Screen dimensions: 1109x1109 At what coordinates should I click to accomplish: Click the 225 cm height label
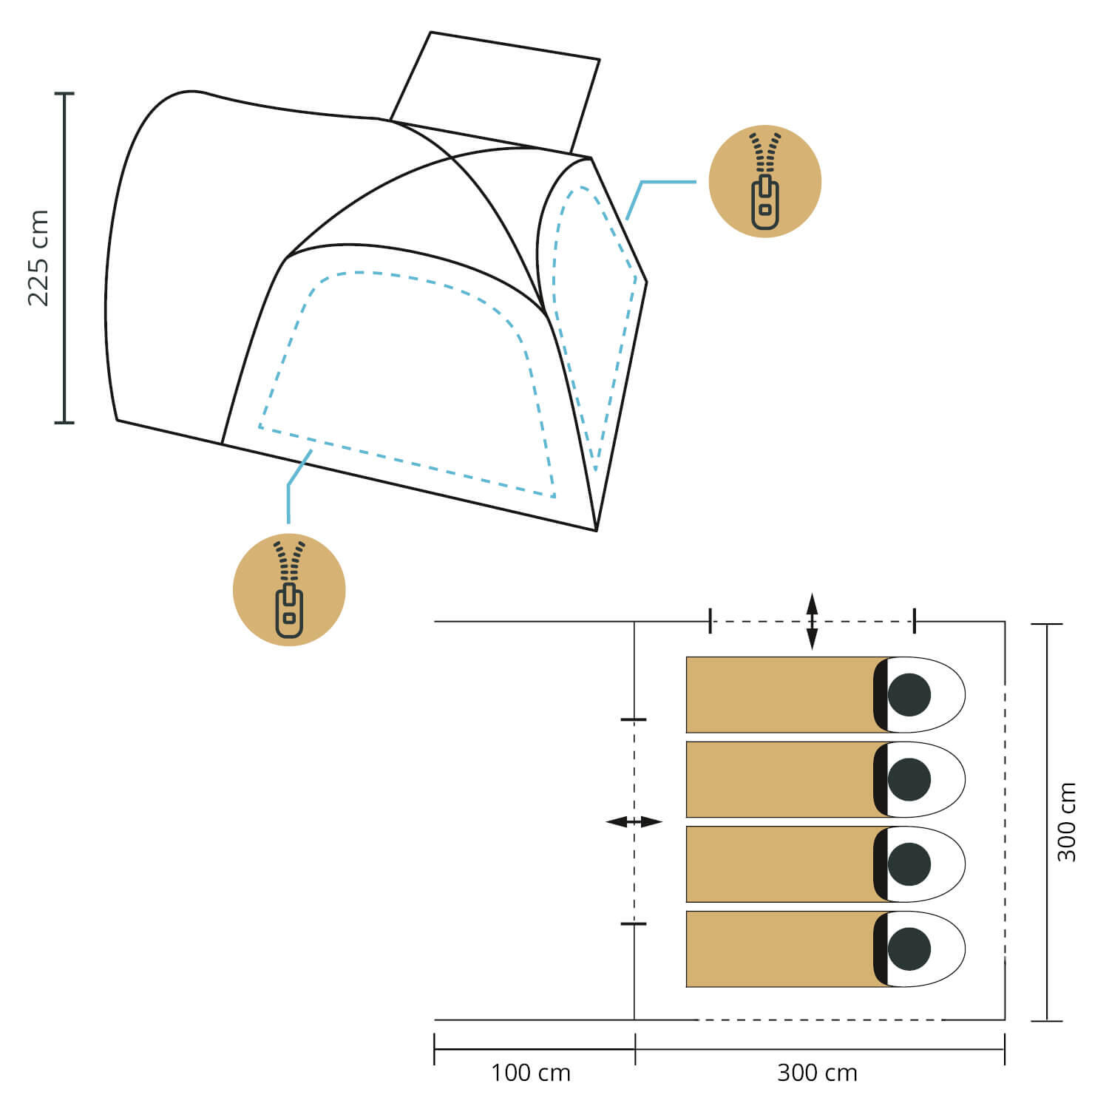click(x=38, y=258)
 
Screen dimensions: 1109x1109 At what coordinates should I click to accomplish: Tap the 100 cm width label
click(x=531, y=1073)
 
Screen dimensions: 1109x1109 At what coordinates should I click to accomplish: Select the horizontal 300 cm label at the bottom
click(x=818, y=1073)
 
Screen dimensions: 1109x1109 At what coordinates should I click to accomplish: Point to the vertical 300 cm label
click(x=1066, y=821)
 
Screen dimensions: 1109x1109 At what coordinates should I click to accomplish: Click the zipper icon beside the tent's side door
click(x=764, y=181)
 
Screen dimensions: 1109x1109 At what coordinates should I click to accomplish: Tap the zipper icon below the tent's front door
click(x=289, y=590)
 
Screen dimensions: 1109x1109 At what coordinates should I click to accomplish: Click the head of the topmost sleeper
click(x=909, y=695)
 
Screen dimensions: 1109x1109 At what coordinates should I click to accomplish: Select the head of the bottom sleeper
click(x=909, y=949)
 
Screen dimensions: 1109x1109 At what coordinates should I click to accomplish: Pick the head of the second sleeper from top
click(x=909, y=779)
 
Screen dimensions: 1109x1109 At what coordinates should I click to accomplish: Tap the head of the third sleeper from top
click(x=909, y=864)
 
